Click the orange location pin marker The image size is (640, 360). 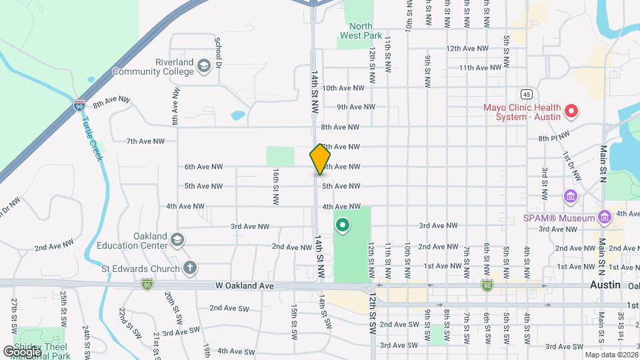point(320,159)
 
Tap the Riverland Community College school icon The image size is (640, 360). point(203,65)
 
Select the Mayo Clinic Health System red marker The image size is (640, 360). point(570,111)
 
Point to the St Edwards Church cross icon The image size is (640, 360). point(190,269)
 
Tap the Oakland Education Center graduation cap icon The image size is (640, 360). point(177,239)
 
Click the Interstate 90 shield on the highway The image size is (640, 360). point(79,105)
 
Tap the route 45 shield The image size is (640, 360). point(526,94)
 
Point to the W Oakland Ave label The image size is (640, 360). point(245,285)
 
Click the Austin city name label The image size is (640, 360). point(605,285)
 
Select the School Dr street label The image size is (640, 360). point(218,47)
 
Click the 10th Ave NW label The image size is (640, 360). point(343,87)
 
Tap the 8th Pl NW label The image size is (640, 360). point(553,137)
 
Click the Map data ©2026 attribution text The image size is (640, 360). point(610,355)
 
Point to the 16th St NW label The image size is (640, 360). point(275,185)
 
